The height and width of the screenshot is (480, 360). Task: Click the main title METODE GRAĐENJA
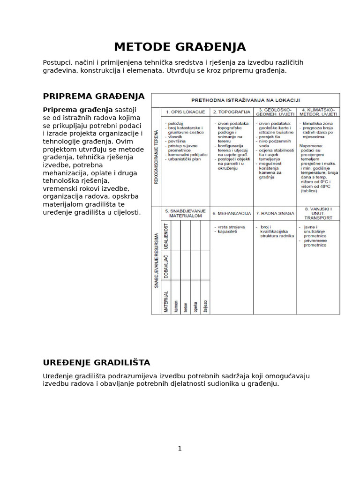pyautogui.click(x=180, y=47)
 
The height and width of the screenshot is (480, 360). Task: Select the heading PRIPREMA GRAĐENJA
pyautogui.click(x=94, y=97)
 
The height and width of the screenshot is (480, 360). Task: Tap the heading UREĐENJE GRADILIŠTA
pyautogui.click(x=97, y=362)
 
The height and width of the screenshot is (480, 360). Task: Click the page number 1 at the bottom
pyautogui.click(x=180, y=449)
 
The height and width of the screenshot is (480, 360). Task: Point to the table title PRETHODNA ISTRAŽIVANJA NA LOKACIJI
pyautogui.click(x=246, y=100)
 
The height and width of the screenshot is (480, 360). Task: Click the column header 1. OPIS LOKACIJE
pyautogui.click(x=186, y=112)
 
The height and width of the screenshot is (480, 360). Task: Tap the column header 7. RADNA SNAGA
pyautogui.click(x=275, y=213)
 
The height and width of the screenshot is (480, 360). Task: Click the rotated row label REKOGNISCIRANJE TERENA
pyautogui.click(x=157, y=157)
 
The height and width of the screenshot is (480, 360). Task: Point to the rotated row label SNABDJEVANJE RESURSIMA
pyautogui.click(x=157, y=261)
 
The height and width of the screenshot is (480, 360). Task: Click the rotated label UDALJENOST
pyautogui.click(x=166, y=236)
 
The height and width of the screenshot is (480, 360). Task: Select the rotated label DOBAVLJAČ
pyautogui.click(x=166, y=265)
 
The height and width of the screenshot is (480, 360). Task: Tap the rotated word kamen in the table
pyautogui.click(x=176, y=306)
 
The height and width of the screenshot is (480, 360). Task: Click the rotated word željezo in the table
pyautogui.click(x=205, y=305)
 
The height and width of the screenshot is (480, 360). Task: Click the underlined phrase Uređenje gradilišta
pyautogui.click(x=74, y=376)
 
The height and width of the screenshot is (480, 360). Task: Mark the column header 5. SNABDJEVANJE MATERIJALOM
pyautogui.click(x=186, y=213)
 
